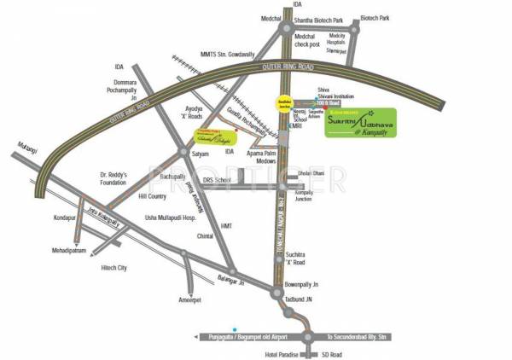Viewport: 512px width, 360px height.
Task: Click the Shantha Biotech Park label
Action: [x=337, y=18]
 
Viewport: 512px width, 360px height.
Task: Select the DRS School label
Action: [x=215, y=182]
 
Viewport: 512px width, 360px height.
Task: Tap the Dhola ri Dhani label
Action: [x=313, y=174]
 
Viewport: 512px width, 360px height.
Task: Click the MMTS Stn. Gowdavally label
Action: [x=230, y=55]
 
